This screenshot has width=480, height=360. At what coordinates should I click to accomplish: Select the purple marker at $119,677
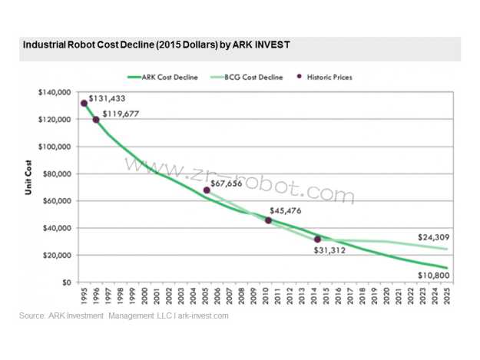point(96,119)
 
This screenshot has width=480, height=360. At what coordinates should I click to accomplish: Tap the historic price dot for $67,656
point(207,190)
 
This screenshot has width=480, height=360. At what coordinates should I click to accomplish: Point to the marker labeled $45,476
point(268,220)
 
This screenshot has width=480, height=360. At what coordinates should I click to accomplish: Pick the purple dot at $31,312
point(317,239)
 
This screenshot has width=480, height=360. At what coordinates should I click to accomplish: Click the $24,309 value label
point(434,238)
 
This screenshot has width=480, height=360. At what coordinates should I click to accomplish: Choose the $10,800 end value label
point(433,273)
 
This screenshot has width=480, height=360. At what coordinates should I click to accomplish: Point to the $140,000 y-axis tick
point(54,93)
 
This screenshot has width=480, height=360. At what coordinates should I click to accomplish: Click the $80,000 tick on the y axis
point(56,174)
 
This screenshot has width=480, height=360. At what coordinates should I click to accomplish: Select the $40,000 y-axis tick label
point(56,228)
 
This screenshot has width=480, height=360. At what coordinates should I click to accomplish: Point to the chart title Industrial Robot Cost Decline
point(156,45)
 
